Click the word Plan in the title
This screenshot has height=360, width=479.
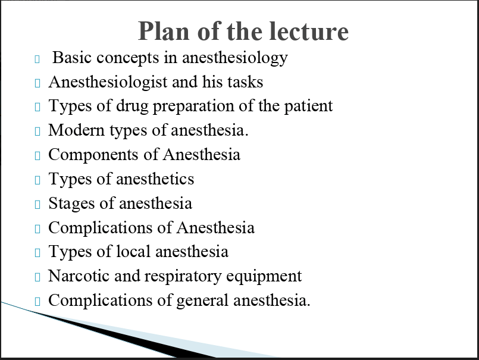click(164, 31)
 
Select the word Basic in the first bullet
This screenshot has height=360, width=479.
click(71, 57)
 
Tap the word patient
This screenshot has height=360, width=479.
click(309, 107)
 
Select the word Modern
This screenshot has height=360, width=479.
click(76, 130)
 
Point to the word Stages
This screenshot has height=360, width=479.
click(71, 204)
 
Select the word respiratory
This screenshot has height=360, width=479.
click(183, 277)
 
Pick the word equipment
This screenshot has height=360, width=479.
click(264, 277)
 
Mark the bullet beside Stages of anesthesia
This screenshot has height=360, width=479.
click(37, 205)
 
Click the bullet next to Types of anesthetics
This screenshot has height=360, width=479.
click(37, 180)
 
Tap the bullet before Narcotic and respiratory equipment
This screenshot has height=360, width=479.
click(37, 277)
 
